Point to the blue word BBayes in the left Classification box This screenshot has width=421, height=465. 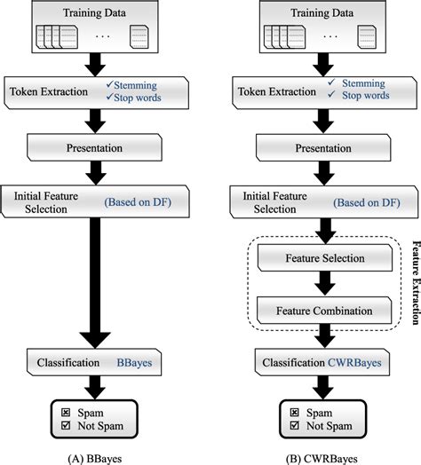[136, 363]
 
